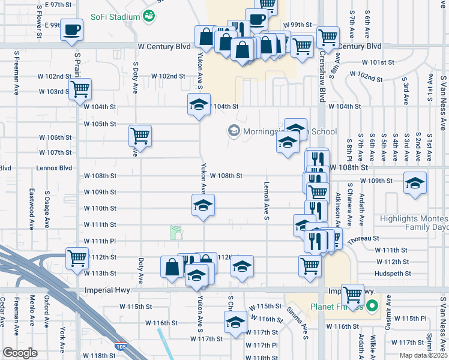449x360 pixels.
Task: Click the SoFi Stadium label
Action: coord(115,17)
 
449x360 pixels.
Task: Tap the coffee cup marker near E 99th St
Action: coord(72,30)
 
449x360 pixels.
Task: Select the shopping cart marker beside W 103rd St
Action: coord(80,90)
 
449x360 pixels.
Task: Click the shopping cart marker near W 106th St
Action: coord(140,137)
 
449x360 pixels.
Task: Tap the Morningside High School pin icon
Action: coord(234,131)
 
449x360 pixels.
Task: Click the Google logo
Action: coord(20,353)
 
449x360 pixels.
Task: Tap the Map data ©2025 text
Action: coord(423,355)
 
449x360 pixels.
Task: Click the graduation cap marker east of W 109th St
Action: coord(415,184)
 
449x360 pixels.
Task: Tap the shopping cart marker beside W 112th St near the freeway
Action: coord(77,259)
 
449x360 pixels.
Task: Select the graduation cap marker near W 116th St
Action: coord(235,323)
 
